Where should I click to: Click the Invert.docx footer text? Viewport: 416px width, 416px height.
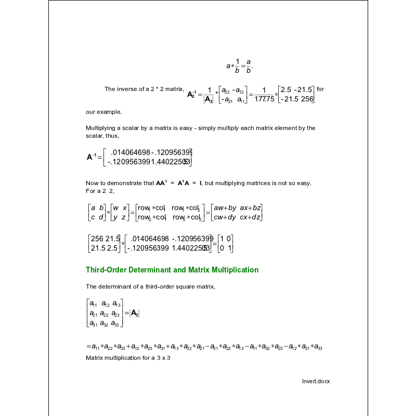click(x=316, y=381)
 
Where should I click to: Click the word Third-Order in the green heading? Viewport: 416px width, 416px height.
click(x=107, y=270)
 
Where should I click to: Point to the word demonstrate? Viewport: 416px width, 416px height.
click(x=135, y=183)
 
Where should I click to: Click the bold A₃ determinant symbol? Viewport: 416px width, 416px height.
click(x=134, y=313)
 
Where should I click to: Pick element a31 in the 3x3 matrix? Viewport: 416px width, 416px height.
click(x=94, y=323)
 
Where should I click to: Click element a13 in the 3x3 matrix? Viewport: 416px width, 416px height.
click(x=116, y=304)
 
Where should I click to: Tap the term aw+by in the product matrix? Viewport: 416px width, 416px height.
click(x=225, y=208)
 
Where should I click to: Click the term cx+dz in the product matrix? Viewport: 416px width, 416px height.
click(x=251, y=218)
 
